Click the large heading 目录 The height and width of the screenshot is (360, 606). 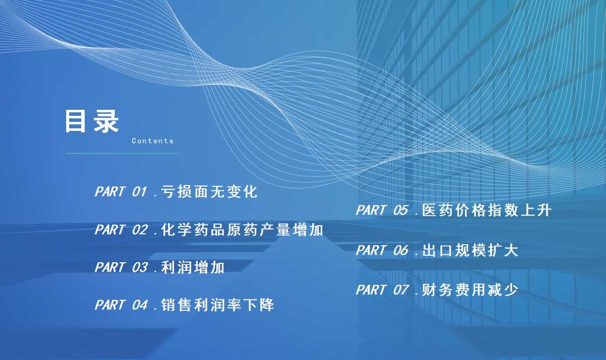92,121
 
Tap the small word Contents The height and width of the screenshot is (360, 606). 152,141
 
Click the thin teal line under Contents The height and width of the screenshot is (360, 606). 122,153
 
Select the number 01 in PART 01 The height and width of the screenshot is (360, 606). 139,192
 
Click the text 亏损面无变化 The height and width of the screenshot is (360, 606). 209,192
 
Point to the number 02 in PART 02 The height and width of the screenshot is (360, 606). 140,230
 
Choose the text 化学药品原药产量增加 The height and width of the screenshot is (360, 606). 242,230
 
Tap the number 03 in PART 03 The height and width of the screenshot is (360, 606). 140,267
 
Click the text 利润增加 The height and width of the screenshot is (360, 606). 192,267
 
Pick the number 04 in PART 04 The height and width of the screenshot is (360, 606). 140,305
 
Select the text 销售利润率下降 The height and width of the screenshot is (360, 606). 218,305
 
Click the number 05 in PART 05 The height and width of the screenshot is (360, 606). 400,210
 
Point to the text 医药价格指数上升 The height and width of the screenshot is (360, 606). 486,210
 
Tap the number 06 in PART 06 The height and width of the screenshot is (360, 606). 400,250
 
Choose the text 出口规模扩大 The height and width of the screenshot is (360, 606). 470,250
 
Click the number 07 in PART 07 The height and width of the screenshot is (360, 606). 400,290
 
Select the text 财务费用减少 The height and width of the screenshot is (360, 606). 470,290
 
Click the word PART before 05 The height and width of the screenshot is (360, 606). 371,210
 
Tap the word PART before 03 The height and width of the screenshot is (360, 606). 110,267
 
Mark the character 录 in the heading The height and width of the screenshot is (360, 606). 106,121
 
